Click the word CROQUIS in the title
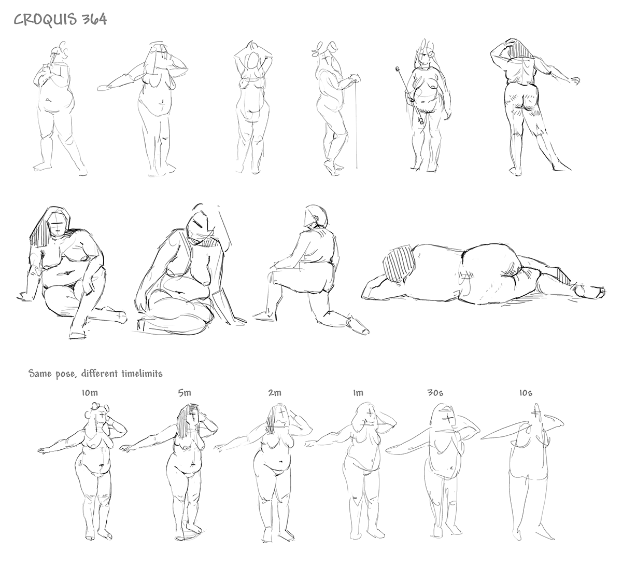click(45, 20)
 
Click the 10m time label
click(90, 393)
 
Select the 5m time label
click(185, 393)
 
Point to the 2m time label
click(275, 393)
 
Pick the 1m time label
click(358, 393)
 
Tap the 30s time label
click(435, 393)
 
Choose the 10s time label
click(526, 393)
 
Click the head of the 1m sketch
click(365, 414)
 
